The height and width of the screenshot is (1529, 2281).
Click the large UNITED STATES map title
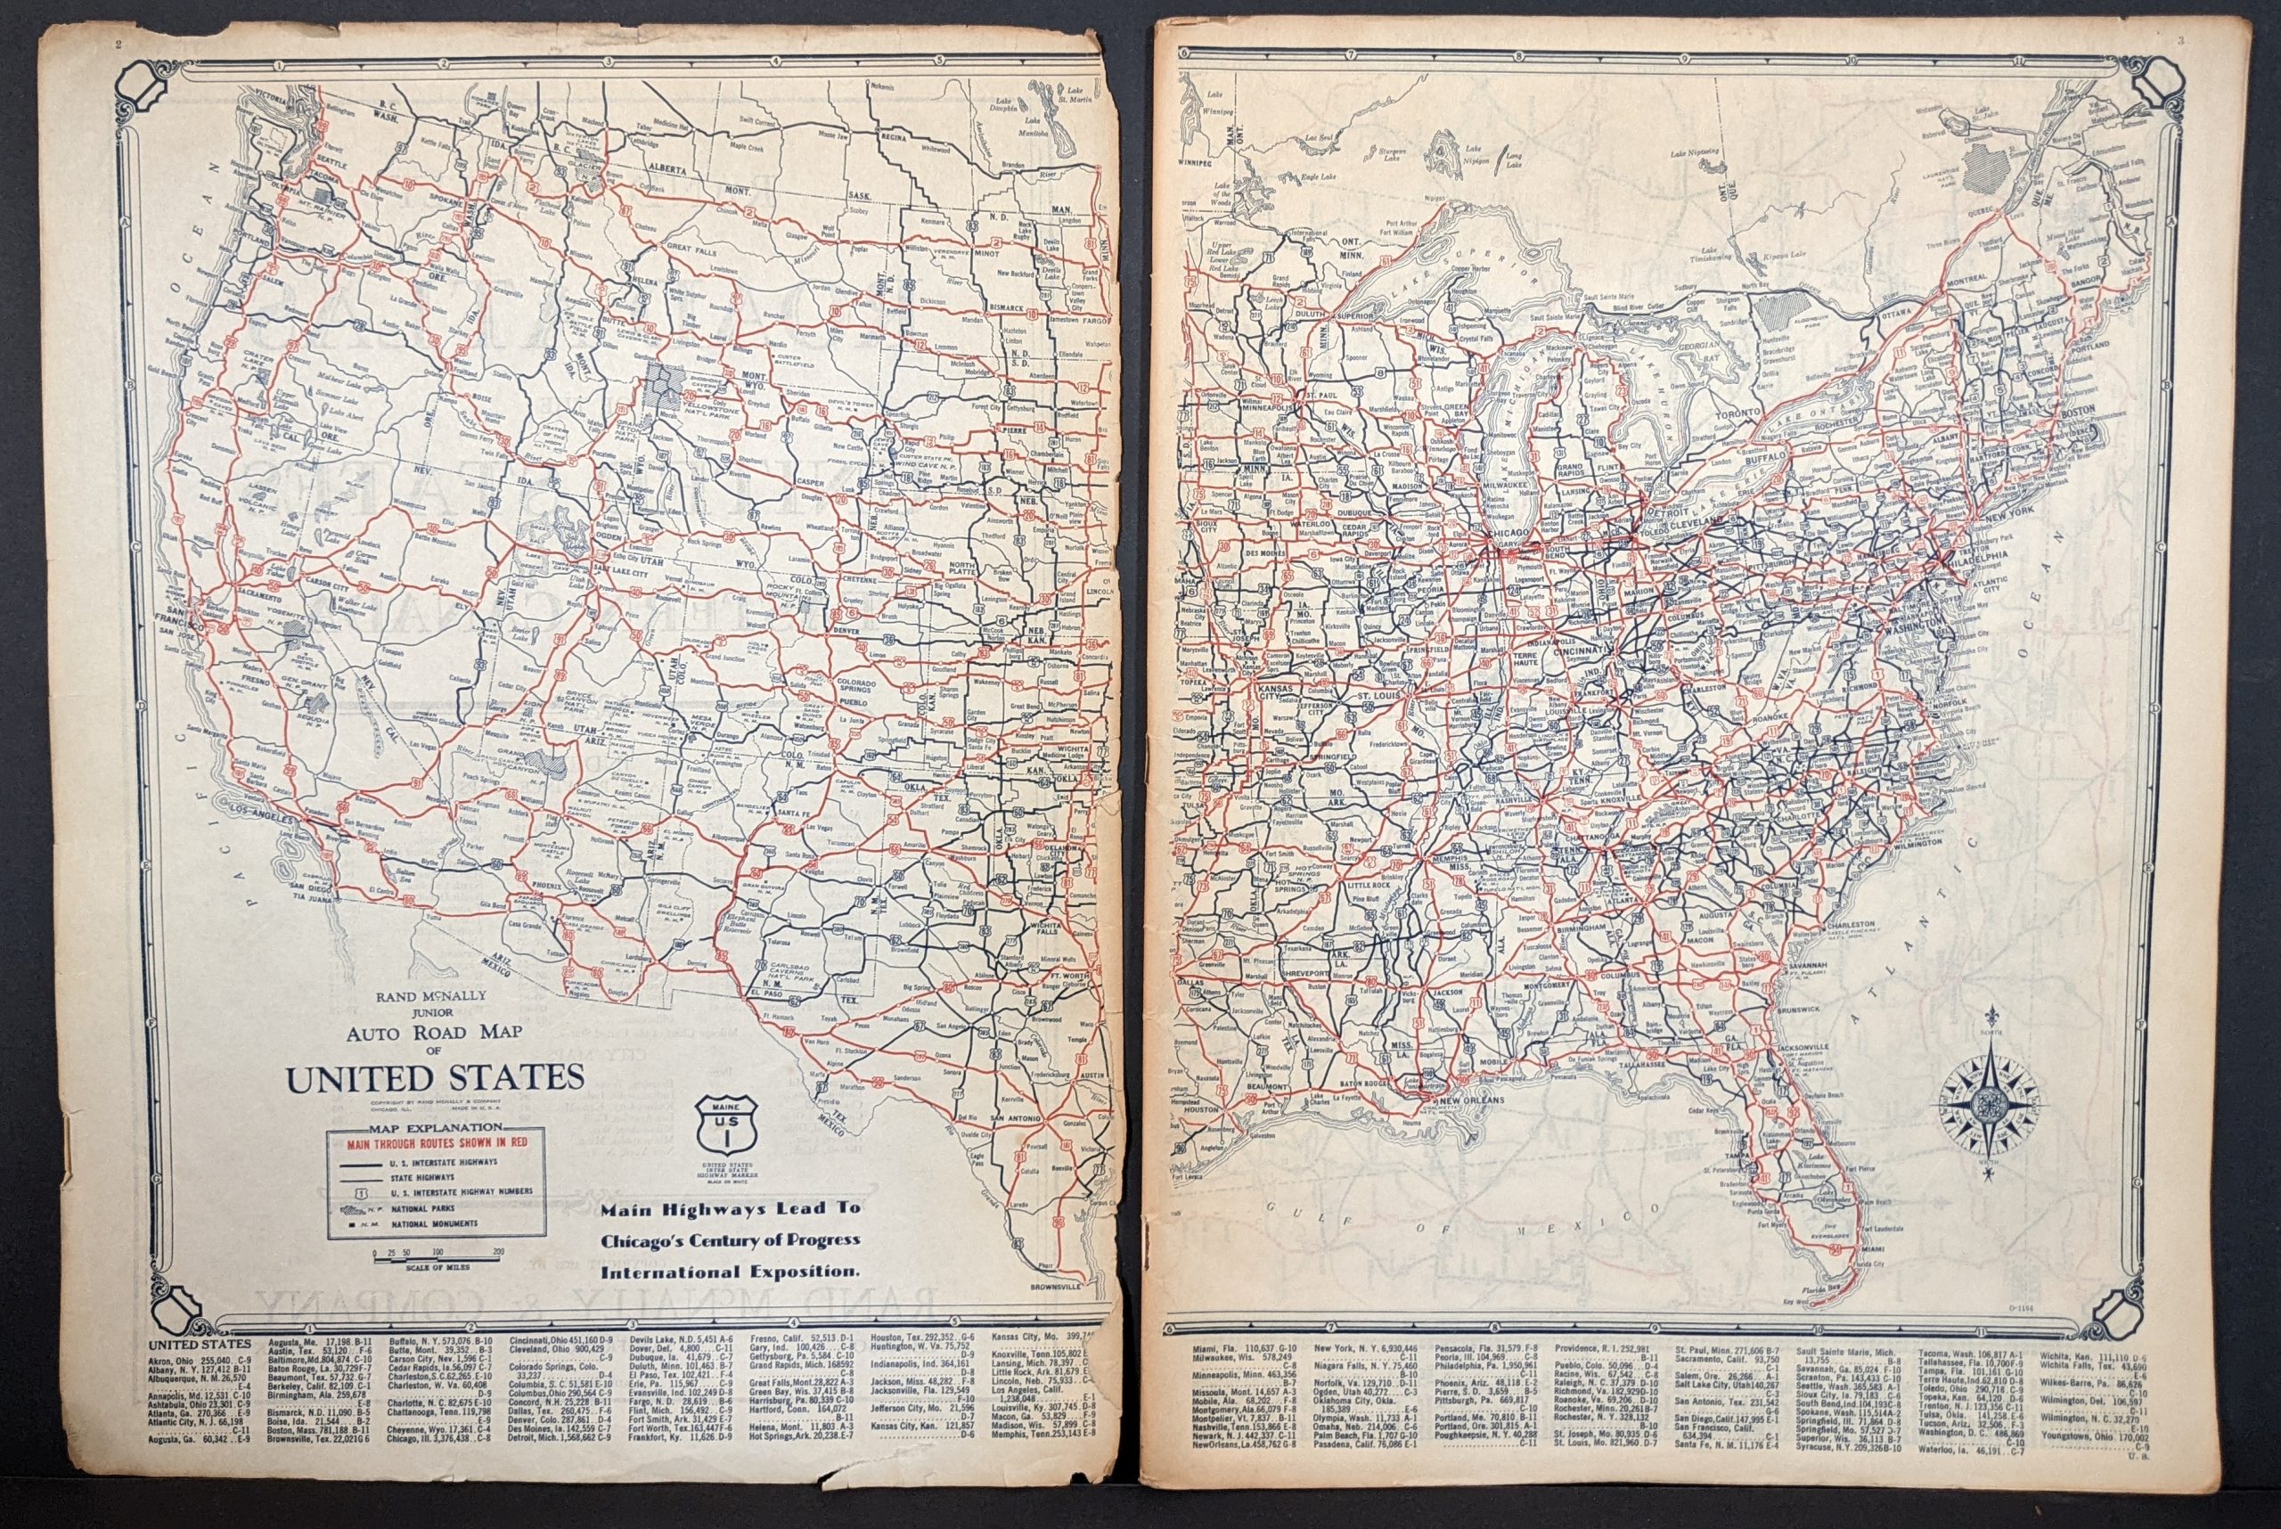[x=434, y=1078]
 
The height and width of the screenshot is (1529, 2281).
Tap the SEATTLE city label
[x=331, y=162]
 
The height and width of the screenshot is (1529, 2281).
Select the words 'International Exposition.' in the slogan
[x=730, y=1271]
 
